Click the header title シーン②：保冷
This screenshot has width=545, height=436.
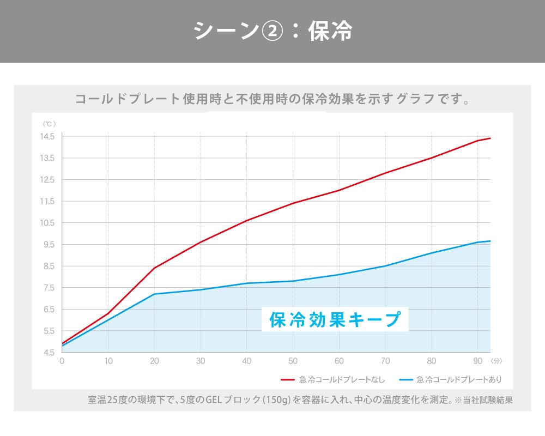272,31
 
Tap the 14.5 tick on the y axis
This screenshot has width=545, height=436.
47,136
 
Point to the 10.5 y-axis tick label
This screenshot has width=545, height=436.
47,222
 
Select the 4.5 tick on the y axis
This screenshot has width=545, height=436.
49,352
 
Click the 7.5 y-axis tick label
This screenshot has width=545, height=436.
49,287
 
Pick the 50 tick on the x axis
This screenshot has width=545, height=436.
293,361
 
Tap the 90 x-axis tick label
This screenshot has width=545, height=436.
477,361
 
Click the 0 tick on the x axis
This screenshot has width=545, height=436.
62,361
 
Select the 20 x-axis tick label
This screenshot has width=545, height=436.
154,361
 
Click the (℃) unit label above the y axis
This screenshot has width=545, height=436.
49,124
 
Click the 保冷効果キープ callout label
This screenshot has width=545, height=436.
335,319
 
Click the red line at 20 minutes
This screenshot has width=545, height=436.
154,268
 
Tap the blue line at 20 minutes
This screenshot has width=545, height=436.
154,294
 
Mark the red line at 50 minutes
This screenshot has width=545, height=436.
293,203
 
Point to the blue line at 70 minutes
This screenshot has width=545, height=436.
385,266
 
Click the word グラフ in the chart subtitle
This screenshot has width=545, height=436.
416,100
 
